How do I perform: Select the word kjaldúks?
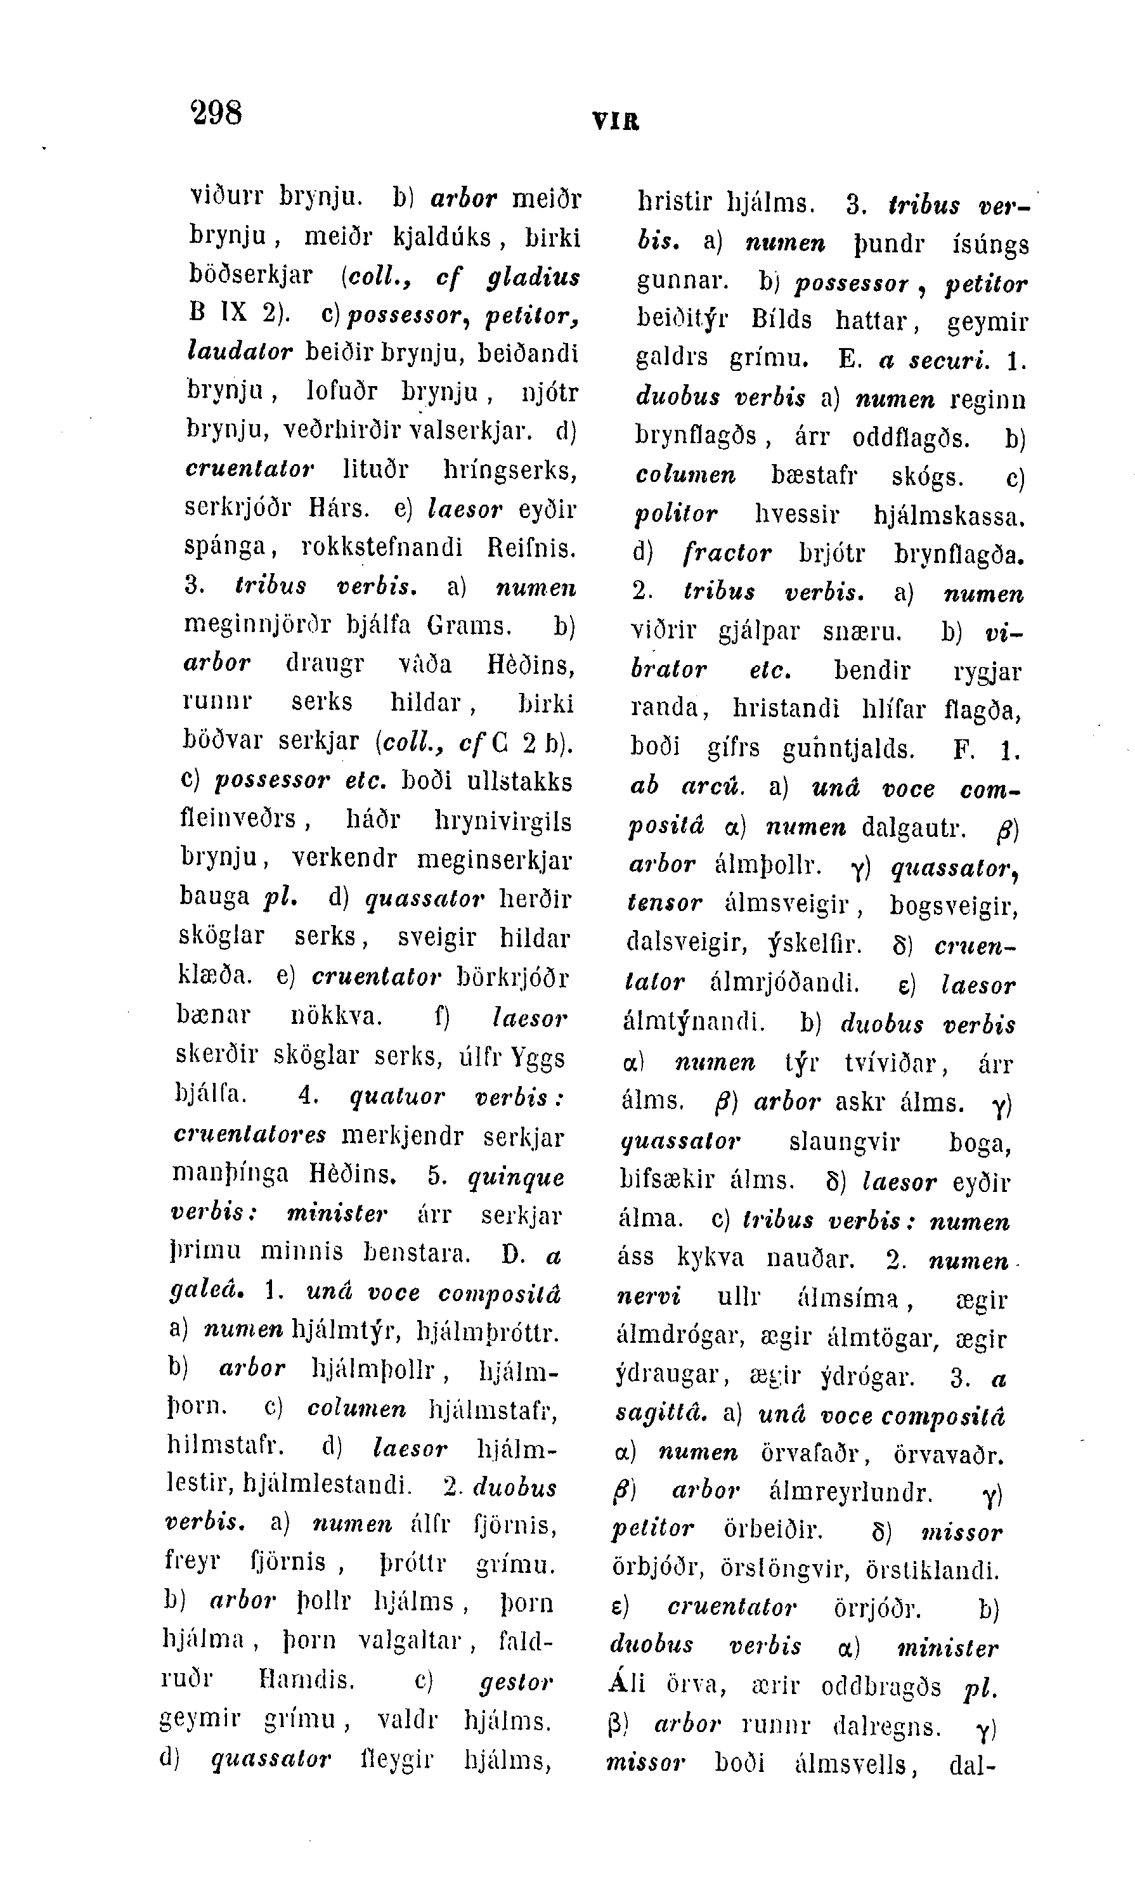coord(442,237)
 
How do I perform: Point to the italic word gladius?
coord(533,276)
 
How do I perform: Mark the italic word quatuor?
coord(397,1096)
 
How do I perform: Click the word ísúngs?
coord(990,245)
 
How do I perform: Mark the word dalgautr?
coord(914,826)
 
